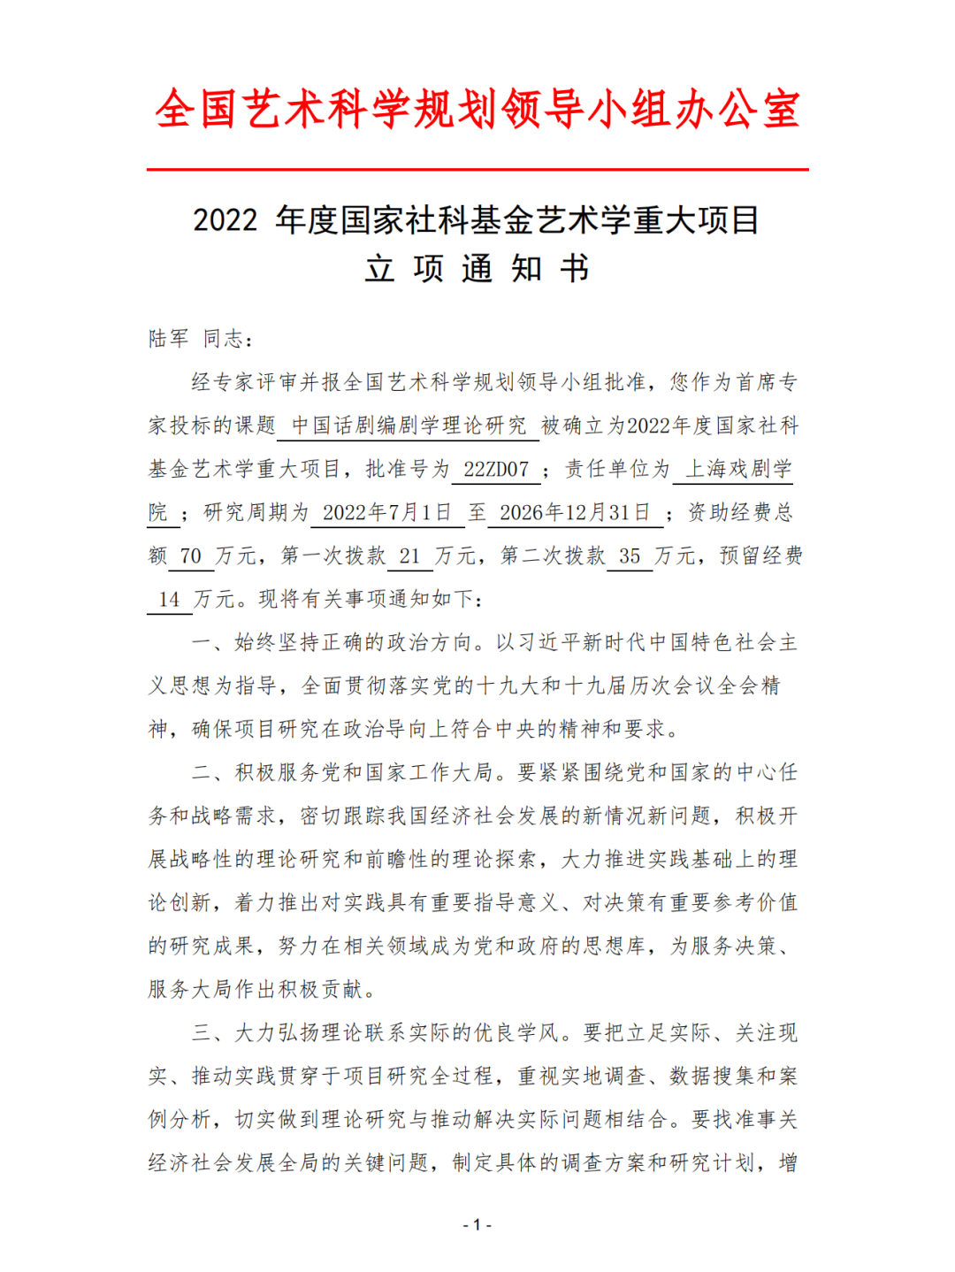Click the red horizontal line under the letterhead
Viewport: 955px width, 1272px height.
(x=477, y=169)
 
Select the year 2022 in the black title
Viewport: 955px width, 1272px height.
(x=225, y=220)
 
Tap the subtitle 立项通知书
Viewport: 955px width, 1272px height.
(x=477, y=268)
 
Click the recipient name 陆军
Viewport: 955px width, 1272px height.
(x=169, y=339)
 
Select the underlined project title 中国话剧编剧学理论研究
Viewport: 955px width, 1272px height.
(x=409, y=425)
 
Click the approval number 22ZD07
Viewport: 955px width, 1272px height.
(x=496, y=469)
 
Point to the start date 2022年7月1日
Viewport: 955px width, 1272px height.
(x=386, y=512)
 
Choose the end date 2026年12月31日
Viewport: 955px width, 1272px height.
(x=575, y=512)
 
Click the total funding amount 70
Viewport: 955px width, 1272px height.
(x=190, y=556)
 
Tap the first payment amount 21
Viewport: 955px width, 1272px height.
(x=409, y=556)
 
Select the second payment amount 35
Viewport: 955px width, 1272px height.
(x=630, y=556)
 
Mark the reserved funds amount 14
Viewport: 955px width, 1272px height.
(x=169, y=599)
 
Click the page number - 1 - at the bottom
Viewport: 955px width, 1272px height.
(x=477, y=1225)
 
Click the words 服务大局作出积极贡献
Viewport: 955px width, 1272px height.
(x=256, y=989)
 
